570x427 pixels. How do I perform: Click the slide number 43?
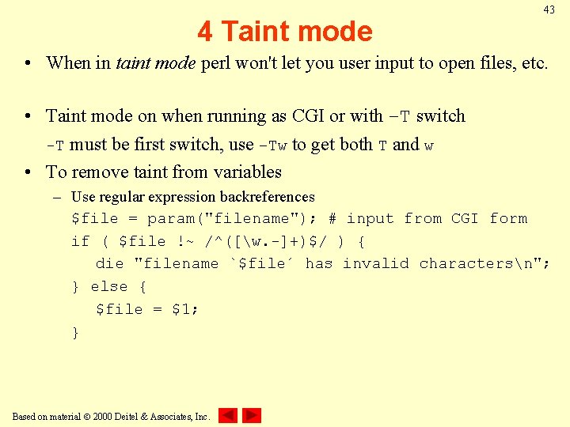pos(549,9)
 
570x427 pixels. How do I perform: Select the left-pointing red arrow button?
pos(228,415)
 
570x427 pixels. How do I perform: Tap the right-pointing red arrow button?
pos(252,415)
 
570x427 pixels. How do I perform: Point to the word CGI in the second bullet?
pos(308,116)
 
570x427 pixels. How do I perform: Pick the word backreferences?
pos(272,197)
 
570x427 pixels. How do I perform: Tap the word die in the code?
pos(109,264)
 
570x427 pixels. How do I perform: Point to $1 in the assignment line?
pos(183,309)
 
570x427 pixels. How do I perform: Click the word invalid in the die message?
pos(376,264)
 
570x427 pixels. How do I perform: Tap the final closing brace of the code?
pos(75,332)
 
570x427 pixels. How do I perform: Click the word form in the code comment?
pos(508,219)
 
